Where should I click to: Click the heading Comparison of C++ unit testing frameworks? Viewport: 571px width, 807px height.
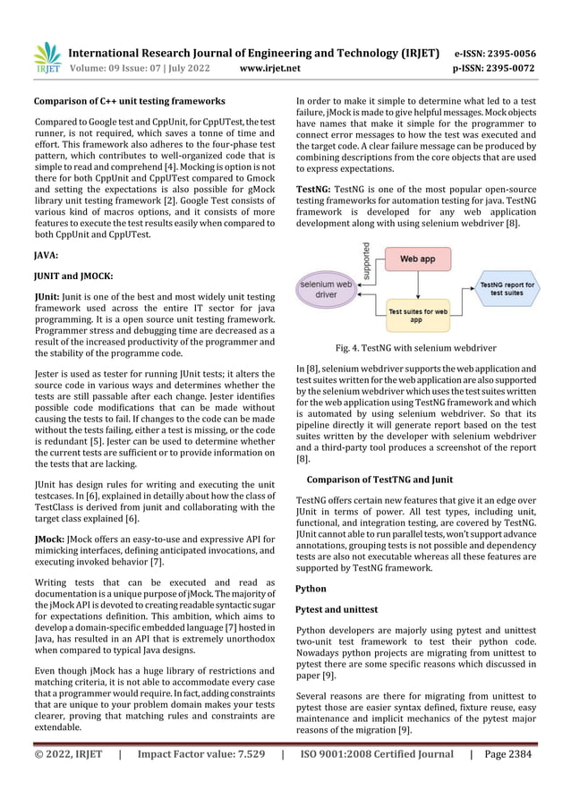129,101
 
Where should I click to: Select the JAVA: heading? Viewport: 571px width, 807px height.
46,255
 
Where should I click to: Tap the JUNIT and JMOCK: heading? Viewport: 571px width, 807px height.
73,276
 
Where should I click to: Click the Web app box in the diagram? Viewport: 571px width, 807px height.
417,259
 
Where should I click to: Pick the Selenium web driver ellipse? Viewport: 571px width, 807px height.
326,288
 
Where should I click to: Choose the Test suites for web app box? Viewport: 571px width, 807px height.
416,313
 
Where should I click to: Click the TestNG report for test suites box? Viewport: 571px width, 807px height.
507,288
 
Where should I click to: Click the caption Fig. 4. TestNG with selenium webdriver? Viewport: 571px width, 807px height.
416,347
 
